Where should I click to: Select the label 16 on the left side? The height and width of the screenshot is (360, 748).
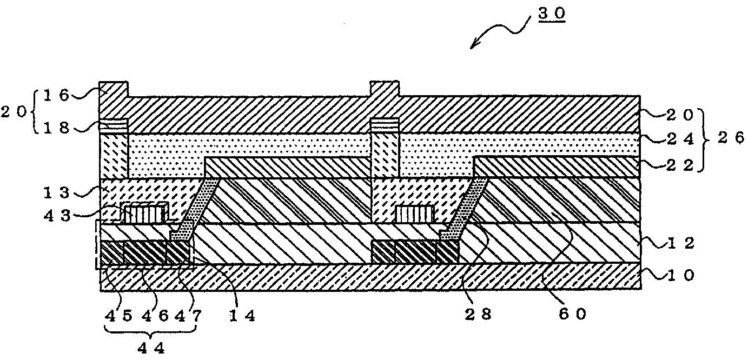pyautogui.click(x=56, y=96)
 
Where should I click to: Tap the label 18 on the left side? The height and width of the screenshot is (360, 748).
pyautogui.click(x=56, y=129)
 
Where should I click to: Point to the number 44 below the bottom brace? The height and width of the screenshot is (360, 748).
pyautogui.click(x=150, y=349)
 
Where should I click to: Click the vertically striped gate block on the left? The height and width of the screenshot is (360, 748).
pyautogui.click(x=143, y=213)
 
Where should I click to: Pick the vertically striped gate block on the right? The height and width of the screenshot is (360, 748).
pyautogui.click(x=415, y=214)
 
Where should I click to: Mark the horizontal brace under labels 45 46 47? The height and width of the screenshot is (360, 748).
pyautogui.click(x=149, y=332)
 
